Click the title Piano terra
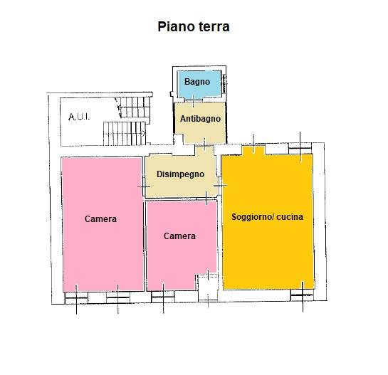point(194,26)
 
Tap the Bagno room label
point(197,82)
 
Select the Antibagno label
point(200,119)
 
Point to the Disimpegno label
point(180,174)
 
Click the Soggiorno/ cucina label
point(267,217)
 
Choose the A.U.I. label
point(79,117)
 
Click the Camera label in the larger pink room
point(100,219)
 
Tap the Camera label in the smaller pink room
point(179,236)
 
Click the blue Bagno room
point(199,85)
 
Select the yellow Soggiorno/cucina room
point(268,221)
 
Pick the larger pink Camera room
point(103,224)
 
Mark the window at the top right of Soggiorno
point(300,148)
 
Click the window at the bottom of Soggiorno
point(302,295)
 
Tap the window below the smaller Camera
point(162,296)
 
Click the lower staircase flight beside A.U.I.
point(125,134)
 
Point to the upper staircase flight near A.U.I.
point(133,107)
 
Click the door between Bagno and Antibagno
point(194,100)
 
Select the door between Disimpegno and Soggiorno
point(219,185)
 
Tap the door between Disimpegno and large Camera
point(144,186)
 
